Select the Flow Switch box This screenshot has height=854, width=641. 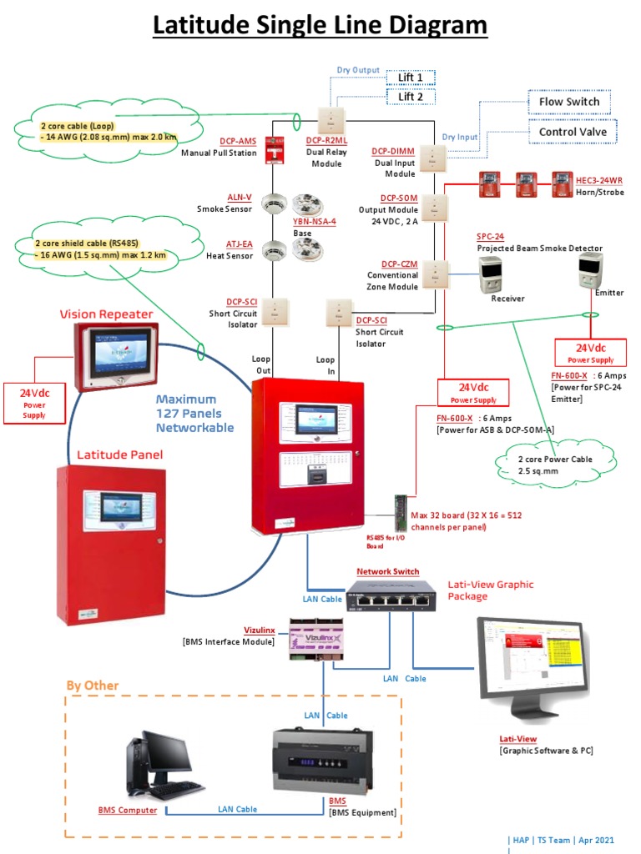[x=568, y=102]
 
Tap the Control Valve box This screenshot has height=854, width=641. [x=573, y=132]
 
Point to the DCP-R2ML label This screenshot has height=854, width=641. [x=324, y=141]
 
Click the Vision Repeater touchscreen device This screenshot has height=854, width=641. [x=116, y=355]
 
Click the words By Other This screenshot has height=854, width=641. [x=93, y=686]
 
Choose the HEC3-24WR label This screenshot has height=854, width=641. [x=598, y=179]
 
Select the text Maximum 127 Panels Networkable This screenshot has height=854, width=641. [x=195, y=413]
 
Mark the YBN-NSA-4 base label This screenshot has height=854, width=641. [x=314, y=222]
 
